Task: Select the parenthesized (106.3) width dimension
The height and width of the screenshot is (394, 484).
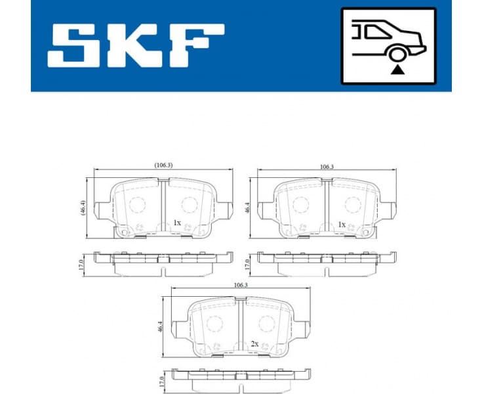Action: (x=163, y=165)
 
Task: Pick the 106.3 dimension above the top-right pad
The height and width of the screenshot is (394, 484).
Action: (x=326, y=167)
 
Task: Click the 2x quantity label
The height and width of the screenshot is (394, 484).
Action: (x=254, y=343)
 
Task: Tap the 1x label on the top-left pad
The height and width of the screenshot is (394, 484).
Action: (x=176, y=223)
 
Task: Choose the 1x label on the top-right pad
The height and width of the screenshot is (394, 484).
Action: (x=341, y=224)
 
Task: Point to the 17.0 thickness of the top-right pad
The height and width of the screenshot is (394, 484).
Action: (x=247, y=264)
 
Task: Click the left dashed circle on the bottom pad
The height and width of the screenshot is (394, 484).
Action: (x=216, y=324)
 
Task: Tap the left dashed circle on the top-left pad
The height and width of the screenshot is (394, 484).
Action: (x=138, y=204)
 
